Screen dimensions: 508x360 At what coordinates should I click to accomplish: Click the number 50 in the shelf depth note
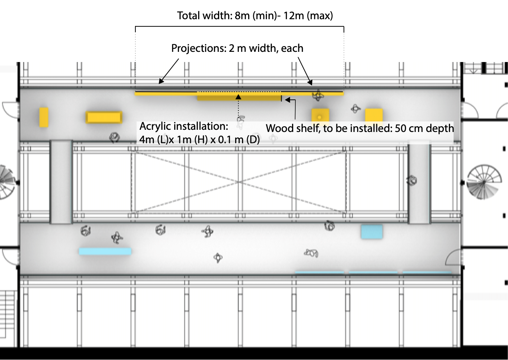tap(401, 128)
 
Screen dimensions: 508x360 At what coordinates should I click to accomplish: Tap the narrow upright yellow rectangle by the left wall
tap(44, 117)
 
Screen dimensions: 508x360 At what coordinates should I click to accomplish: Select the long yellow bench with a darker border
tap(104, 117)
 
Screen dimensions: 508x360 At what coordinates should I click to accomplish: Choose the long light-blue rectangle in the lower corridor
tap(105, 252)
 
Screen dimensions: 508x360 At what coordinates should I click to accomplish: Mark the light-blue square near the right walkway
tap(372, 232)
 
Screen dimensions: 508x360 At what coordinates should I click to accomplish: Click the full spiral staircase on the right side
tap(484, 182)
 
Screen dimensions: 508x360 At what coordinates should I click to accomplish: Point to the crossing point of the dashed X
tap(239, 182)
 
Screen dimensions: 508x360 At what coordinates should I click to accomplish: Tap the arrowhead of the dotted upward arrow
tap(238, 97)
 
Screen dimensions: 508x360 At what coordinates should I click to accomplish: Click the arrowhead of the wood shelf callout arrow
tap(287, 99)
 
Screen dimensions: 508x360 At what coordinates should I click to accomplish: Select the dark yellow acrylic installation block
tap(239, 98)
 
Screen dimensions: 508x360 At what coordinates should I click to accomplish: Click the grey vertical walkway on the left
tap(61, 182)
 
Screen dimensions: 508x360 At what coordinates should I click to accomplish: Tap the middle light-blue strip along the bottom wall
tap(373, 272)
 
